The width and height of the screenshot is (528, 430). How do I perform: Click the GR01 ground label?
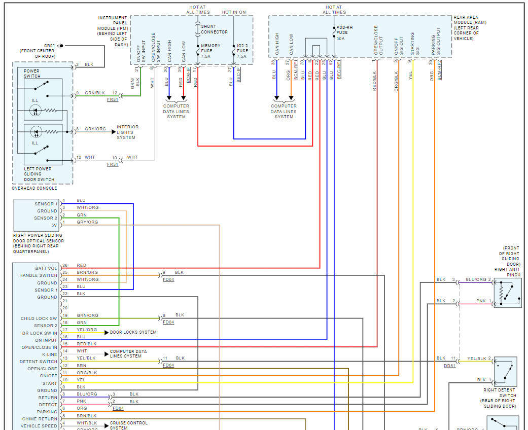tap(49, 45)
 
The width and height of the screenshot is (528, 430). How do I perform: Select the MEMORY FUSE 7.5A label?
tap(210, 51)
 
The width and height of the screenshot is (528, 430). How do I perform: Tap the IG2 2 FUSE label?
tap(242, 51)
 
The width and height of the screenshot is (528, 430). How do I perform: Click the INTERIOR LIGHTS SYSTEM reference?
tap(127, 132)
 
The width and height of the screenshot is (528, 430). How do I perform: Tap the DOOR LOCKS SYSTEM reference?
tap(133, 332)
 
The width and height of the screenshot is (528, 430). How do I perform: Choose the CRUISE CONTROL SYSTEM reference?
tap(129, 425)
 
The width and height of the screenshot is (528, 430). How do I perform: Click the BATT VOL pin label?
tap(46, 268)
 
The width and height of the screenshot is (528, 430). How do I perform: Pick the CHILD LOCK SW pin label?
tap(39, 318)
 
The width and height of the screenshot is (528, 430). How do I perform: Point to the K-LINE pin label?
tap(49, 354)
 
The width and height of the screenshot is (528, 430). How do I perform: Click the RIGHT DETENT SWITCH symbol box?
tap(506, 372)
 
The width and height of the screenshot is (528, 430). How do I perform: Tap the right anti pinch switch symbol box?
tap(508, 293)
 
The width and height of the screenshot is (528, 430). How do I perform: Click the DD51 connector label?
tap(449, 365)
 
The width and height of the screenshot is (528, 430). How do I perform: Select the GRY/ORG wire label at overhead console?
tap(95, 129)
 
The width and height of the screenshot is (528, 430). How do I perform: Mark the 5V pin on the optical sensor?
tap(54, 225)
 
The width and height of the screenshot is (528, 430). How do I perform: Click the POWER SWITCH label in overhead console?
tap(32, 74)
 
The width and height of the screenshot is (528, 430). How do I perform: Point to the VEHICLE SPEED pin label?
tap(39, 426)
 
